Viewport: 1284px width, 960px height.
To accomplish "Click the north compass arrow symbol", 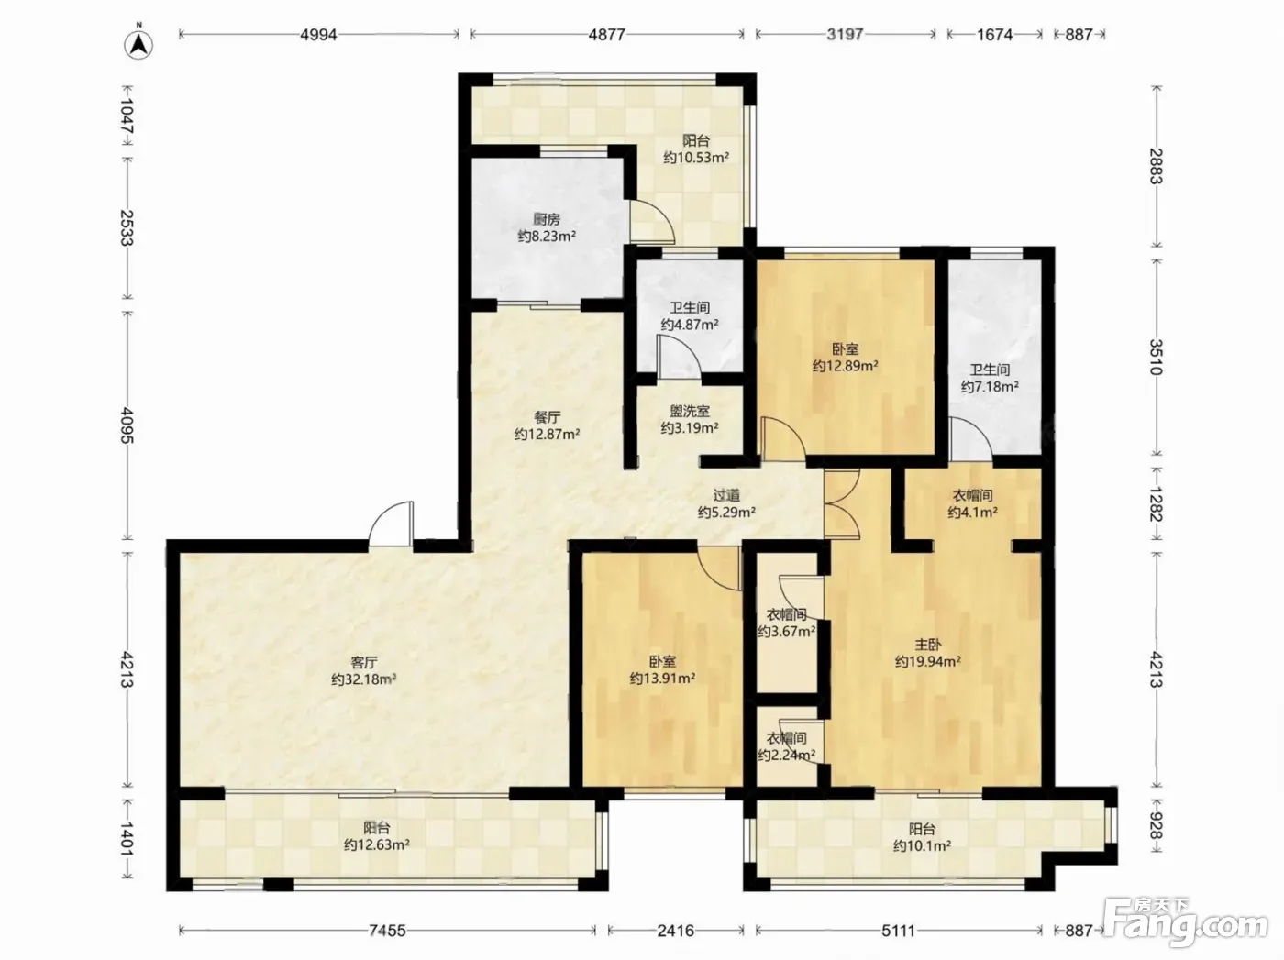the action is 139,43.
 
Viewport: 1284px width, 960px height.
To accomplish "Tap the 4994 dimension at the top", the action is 319,35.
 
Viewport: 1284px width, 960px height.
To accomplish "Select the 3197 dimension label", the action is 845,35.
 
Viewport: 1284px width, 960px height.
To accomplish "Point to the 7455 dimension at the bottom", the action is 387,930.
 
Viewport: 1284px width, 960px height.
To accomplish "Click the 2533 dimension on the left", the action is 127,228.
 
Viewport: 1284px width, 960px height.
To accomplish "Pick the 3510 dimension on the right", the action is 1156,358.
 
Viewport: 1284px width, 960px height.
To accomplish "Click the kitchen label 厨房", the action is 547,219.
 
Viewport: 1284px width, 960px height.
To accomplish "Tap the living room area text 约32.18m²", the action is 363,679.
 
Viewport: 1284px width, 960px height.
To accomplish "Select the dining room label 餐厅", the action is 547,417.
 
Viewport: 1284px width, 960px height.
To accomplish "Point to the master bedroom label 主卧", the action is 928,645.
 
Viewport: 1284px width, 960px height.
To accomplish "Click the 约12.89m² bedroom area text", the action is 846,366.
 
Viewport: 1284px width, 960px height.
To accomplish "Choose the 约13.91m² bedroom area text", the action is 662,679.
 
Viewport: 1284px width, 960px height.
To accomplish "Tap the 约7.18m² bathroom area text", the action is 990,386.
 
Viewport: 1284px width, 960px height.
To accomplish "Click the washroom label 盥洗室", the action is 690,411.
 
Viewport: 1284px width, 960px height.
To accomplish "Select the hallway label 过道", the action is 726,495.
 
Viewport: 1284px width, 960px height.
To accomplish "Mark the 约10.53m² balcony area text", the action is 696,158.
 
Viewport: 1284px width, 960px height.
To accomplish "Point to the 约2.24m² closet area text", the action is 787,755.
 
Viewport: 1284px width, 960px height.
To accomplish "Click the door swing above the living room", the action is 391,524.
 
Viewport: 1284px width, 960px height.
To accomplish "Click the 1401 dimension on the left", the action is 127,840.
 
